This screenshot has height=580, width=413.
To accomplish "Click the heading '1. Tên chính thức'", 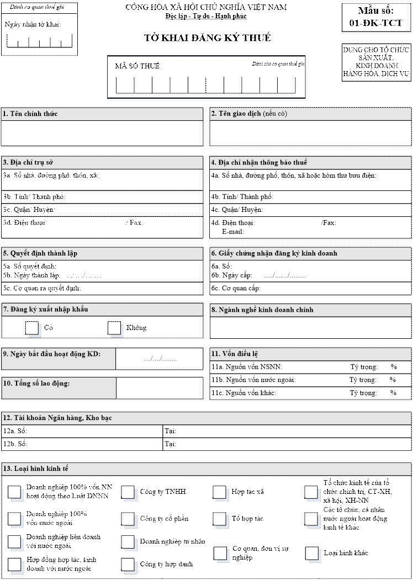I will click(x=30, y=114).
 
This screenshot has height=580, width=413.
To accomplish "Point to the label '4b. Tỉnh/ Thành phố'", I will click(x=242, y=197).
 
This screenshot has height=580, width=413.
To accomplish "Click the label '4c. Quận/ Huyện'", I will click(x=237, y=210).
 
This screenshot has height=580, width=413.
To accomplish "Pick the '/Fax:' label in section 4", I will click(x=329, y=223).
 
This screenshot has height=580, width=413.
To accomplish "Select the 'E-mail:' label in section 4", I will click(x=233, y=232).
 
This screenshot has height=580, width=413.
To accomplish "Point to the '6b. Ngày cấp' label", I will click(x=231, y=275).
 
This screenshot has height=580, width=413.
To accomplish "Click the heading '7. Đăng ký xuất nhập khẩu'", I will click(x=45, y=310).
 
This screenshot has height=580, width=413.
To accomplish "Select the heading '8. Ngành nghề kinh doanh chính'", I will click(x=262, y=310).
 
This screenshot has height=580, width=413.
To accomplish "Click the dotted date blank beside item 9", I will click(x=160, y=359).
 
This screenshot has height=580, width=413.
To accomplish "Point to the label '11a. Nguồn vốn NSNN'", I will click(x=247, y=366).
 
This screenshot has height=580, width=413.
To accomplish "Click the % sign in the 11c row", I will click(x=394, y=393).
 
